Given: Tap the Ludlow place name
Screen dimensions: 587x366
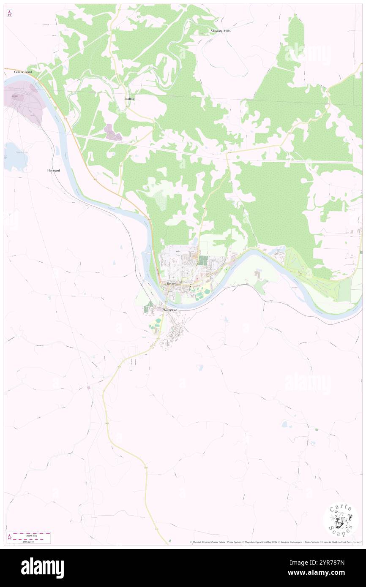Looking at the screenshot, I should tap(129, 98).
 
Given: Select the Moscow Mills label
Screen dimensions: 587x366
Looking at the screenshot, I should tap(221, 31).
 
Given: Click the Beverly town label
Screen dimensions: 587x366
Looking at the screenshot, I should tap(172, 284).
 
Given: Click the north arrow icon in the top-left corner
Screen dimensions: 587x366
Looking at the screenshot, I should tap(9, 13).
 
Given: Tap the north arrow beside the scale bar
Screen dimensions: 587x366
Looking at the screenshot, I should tap(9, 537).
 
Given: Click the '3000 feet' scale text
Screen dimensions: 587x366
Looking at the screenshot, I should tap(32, 534).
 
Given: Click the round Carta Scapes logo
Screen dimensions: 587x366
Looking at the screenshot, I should tap(341, 520).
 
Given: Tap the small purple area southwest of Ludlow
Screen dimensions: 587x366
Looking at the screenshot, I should tap(113, 133).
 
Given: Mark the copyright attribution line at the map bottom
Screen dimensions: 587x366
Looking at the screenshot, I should tap(275, 542).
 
